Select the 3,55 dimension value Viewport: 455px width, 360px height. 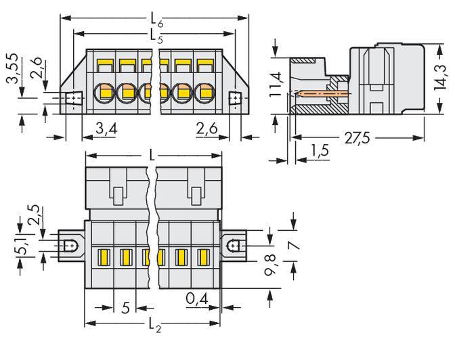point(9,67)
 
